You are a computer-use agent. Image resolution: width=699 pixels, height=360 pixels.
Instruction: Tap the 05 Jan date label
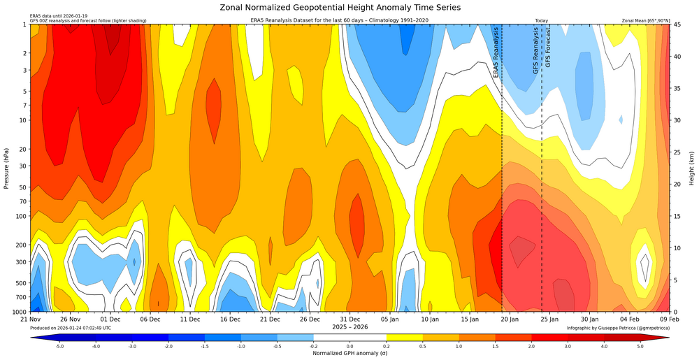coord(390,319)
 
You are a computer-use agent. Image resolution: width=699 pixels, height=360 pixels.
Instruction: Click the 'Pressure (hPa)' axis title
coord(6,168)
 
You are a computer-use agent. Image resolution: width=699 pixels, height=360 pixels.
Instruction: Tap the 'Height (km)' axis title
coord(692,168)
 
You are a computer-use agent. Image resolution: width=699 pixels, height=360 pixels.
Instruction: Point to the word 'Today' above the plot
coord(541,21)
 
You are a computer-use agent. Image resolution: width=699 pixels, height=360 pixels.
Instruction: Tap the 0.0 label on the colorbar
coord(349,345)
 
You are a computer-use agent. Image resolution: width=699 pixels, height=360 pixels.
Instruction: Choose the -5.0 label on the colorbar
coord(60,345)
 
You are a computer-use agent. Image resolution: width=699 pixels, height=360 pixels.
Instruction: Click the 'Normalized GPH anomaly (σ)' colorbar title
coord(349,353)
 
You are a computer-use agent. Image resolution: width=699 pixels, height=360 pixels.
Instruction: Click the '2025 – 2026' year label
coord(349,326)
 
